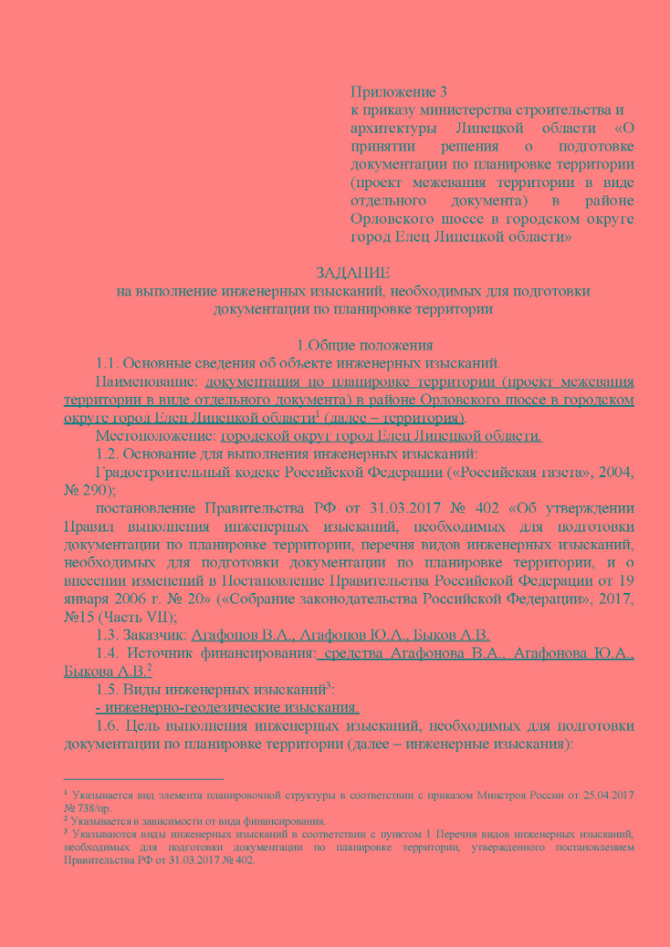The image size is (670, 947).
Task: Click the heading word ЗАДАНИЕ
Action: [x=352, y=273]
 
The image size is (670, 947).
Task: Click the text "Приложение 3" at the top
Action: [x=393, y=91]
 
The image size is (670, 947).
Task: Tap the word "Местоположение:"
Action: [x=154, y=436]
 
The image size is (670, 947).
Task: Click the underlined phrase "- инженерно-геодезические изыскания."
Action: [x=227, y=708]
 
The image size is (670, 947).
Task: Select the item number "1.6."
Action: [x=109, y=727]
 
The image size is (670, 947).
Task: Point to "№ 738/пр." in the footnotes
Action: [x=89, y=806]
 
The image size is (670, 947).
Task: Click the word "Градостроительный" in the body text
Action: [x=157, y=473]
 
